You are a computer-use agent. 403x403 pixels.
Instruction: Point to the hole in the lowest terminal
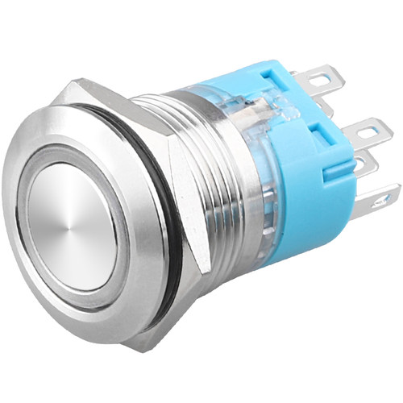384,196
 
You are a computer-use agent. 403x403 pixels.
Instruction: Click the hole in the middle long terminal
372,129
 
